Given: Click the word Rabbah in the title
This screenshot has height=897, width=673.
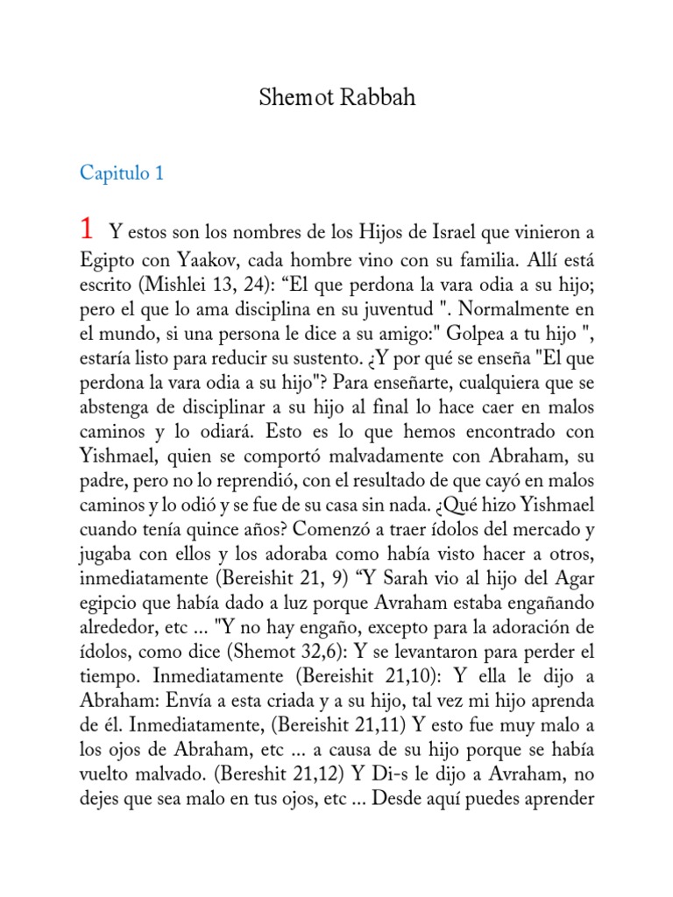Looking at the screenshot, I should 378,97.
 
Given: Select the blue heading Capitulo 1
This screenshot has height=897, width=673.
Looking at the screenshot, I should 122,173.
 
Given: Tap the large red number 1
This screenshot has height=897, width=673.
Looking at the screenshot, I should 87,230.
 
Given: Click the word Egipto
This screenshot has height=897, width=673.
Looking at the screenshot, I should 104,260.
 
